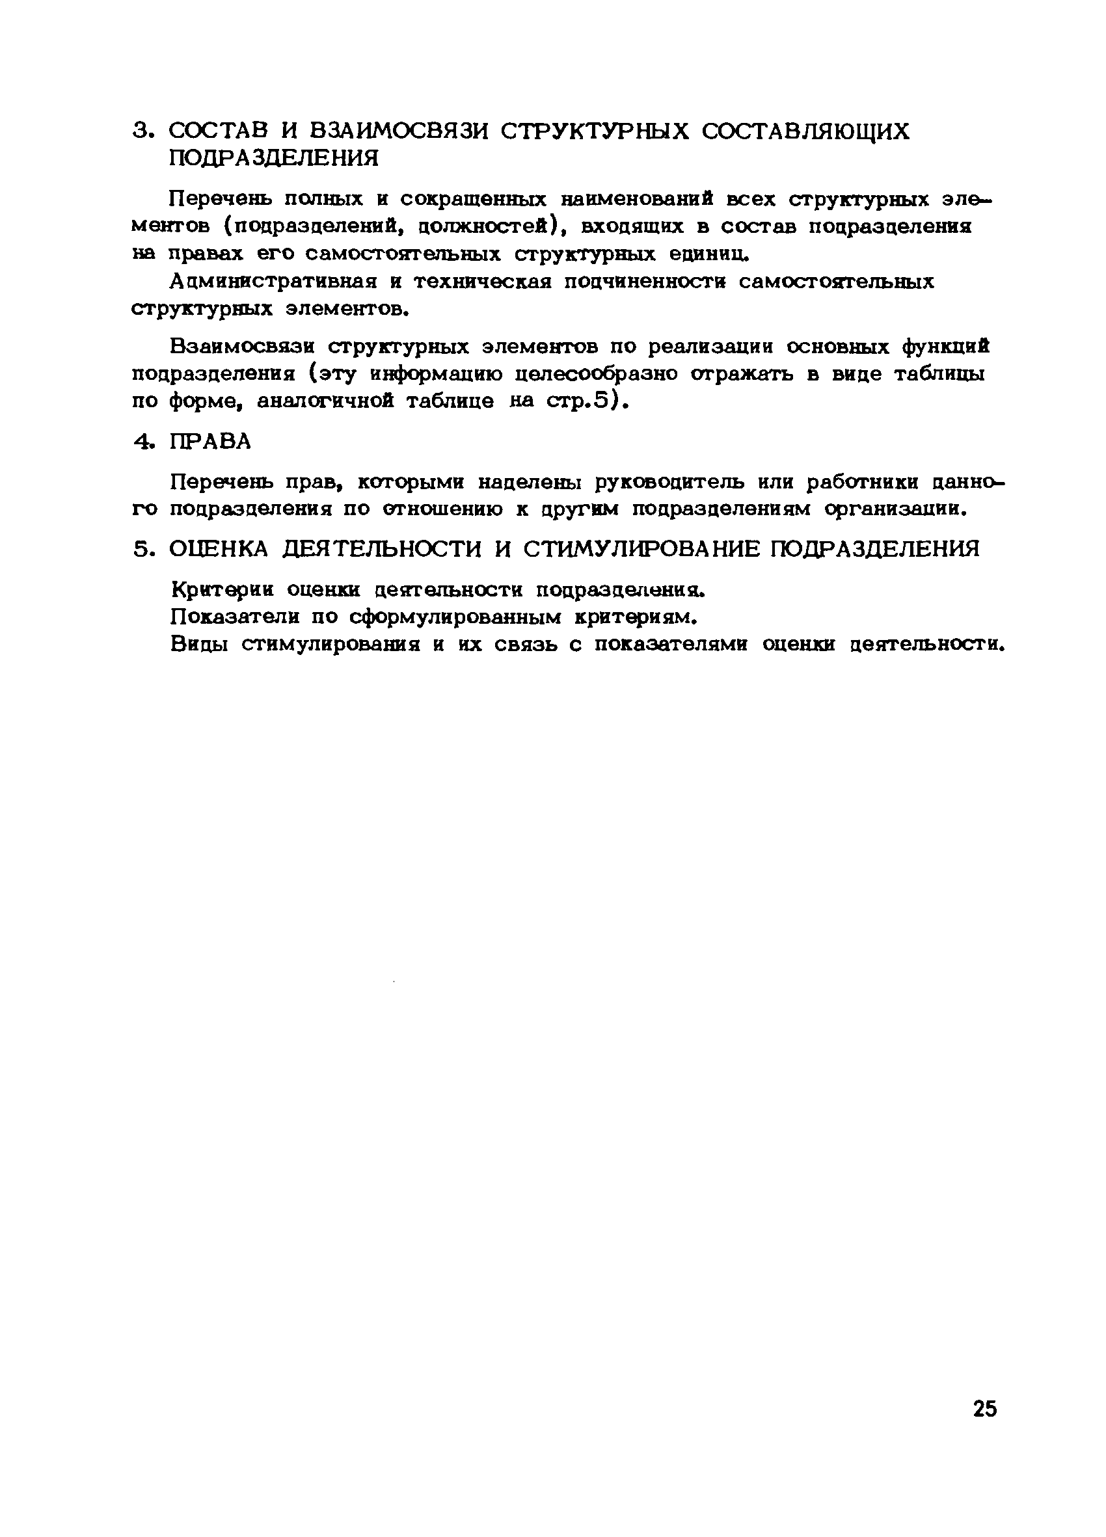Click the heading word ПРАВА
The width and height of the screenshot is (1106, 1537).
pyautogui.click(x=210, y=442)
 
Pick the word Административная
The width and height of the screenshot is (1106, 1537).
pyautogui.click(x=273, y=281)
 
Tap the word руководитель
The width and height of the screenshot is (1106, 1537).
pyautogui.click(x=695, y=483)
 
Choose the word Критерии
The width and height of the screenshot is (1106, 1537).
pyautogui.click(x=223, y=589)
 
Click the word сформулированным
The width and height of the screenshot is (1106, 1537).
pyautogui.click(x=456, y=617)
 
